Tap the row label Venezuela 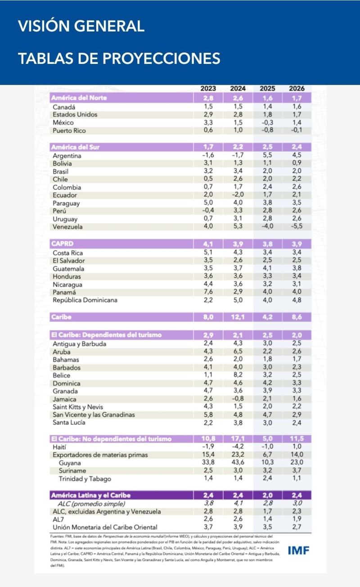pos(67,227)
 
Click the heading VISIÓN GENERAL pos(81,26)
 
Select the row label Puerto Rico pos(69,131)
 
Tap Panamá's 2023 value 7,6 pos(208,292)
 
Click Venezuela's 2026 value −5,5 pos(297,227)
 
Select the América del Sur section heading pos(76,147)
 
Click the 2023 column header pos(208,89)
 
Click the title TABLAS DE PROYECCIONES pos(119,59)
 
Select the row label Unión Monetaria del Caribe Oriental pos(105,527)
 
